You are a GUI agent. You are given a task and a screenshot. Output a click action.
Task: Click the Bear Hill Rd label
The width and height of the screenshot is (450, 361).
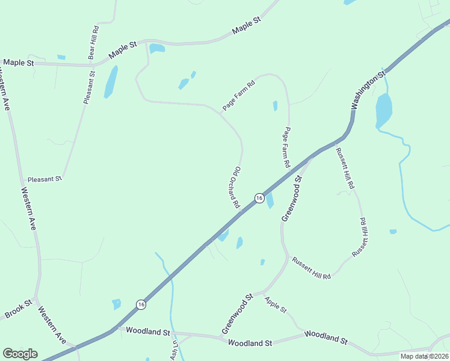coord(93,42)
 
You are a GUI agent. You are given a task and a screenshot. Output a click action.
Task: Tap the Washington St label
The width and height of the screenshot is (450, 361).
coord(368,91)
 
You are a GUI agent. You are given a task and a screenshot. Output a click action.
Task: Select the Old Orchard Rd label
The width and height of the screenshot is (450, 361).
coord(234,187)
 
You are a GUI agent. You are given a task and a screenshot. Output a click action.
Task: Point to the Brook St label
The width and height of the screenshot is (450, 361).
coord(17,310)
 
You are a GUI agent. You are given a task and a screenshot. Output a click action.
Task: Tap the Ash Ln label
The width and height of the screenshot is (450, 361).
coord(175,350)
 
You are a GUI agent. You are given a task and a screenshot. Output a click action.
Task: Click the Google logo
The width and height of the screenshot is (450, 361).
coord(20,354)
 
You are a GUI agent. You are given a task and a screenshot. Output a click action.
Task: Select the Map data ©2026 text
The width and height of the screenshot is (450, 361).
coord(424,356)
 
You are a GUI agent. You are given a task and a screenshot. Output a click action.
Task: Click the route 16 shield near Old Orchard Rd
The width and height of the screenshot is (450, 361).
coord(259,198)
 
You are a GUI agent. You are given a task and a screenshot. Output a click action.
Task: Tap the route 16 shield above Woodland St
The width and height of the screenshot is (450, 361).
coord(141,304)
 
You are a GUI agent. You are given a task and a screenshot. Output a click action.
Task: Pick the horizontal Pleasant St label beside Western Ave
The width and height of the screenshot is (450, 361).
coord(45,179)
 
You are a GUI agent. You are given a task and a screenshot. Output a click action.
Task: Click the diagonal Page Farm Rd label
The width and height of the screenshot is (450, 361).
coord(239,95)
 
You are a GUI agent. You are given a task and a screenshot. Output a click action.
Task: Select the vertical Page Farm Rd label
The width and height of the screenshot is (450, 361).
coord(288,147)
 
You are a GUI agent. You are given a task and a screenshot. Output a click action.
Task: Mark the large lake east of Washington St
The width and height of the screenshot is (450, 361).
coord(383,110)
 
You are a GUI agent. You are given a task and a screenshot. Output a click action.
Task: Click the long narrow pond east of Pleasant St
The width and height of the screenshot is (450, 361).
coord(111,82)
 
